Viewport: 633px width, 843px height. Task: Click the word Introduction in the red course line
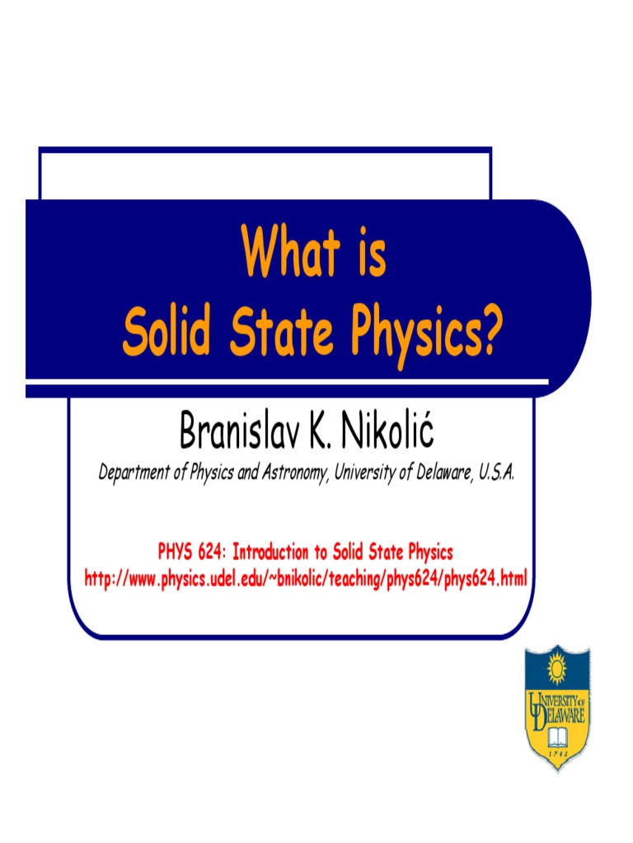coord(274,551)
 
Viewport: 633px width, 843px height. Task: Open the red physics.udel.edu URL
coord(306,578)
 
